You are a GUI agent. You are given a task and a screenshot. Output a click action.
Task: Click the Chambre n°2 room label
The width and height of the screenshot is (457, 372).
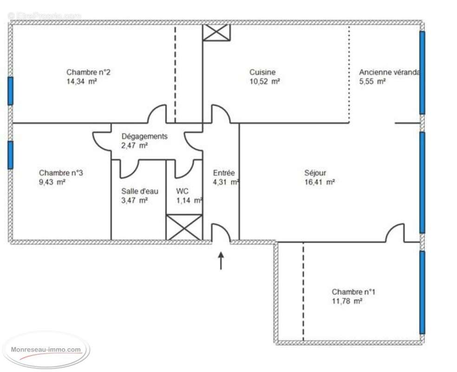88,72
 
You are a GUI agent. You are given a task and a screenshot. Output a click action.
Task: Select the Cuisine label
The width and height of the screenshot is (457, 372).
262,72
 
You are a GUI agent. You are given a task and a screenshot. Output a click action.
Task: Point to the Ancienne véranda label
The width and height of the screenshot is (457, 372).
389,72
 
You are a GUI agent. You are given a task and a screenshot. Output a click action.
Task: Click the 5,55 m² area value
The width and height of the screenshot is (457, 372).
372,81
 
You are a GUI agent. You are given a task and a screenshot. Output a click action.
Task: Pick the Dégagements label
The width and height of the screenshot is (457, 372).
144,136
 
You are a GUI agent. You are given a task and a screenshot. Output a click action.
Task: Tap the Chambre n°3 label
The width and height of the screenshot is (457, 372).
61,173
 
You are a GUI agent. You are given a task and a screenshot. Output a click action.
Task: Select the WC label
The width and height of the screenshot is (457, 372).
182,191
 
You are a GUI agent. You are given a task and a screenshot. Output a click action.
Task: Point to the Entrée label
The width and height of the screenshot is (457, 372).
224,173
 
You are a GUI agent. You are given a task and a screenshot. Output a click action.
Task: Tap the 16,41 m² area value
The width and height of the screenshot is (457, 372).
319,182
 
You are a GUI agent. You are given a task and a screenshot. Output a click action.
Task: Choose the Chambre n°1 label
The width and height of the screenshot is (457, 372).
353,292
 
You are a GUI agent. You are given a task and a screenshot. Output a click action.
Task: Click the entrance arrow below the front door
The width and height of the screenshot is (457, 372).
221,260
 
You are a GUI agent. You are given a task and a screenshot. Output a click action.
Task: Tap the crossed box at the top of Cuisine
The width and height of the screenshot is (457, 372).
216,32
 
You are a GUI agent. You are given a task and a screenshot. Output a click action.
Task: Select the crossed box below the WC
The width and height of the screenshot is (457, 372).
184,227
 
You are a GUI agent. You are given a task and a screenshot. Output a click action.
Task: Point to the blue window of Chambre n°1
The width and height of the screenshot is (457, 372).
422,292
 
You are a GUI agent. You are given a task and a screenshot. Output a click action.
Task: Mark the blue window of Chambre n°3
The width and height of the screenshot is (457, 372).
10,155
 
